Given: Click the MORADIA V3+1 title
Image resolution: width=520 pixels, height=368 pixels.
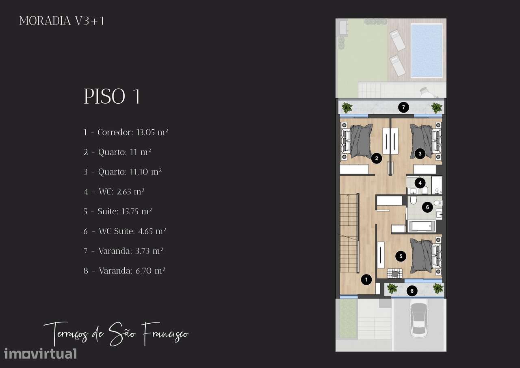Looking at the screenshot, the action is point(61,21).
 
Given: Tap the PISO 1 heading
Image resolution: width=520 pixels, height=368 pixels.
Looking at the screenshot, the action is point(112,96).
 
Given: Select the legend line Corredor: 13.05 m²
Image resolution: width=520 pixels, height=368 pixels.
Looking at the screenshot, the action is point(126,132).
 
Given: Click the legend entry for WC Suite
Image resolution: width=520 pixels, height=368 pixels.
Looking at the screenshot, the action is point(125,231).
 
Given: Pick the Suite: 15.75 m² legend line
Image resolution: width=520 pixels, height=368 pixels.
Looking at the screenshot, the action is point(118,211).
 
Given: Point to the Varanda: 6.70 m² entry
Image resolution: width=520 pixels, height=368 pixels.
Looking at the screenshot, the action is point(124,271).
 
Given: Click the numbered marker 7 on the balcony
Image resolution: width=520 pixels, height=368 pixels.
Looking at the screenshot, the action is point(403,107).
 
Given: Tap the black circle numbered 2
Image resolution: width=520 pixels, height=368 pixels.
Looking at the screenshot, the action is point(377,159).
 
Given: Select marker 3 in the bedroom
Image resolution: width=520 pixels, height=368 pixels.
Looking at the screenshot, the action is point(420,154).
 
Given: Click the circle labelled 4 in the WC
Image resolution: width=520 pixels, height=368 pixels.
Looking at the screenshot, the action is point(420,183).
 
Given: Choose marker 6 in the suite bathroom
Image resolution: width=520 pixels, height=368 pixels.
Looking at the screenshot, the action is point(428,207).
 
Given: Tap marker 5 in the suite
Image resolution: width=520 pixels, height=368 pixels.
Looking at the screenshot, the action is point(401,256).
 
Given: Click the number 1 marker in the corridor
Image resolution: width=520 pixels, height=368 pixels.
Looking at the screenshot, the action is point(366,279).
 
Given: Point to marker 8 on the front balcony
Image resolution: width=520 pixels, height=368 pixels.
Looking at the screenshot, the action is point(412,291).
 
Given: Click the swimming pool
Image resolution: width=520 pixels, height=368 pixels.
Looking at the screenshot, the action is point(427,50).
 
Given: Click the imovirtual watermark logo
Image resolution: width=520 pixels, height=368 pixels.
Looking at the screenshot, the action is point(40,354).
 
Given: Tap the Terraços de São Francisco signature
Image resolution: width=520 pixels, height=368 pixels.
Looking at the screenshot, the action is point(116,333).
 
